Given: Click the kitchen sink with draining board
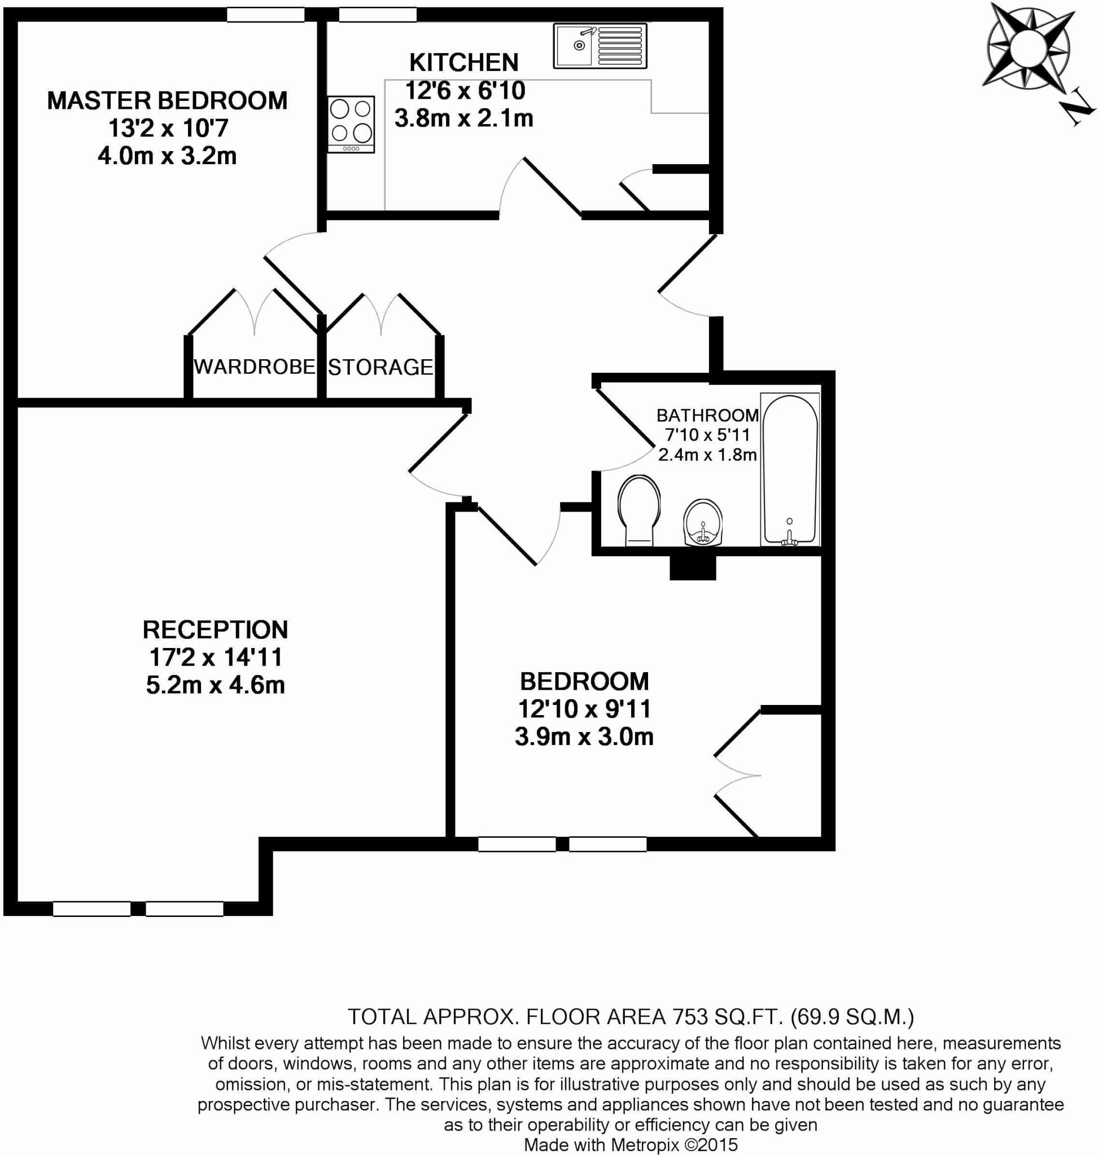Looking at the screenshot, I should pos(600,46).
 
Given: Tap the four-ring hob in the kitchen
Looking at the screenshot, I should pos(351,124).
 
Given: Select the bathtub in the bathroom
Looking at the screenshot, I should pos(790,470).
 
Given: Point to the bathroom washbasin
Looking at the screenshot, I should pos(702,522).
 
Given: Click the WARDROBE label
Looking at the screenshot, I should pos(254,367).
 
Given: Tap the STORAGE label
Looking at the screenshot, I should pos(380,367).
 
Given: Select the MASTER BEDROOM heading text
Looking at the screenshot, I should pos(168,100).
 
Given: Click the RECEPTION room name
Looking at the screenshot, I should pos(216,630).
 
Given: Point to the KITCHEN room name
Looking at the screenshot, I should pos(463,63).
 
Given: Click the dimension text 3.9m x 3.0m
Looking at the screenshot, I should pos(584,737).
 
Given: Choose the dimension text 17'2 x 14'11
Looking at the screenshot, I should pos(216,658).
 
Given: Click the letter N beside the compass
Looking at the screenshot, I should pos(1077,109).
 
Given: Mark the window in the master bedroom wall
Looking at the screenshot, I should pos(265,15).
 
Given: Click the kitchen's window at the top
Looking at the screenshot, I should pos(378,15).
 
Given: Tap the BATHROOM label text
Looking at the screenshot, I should pos(707,415).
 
